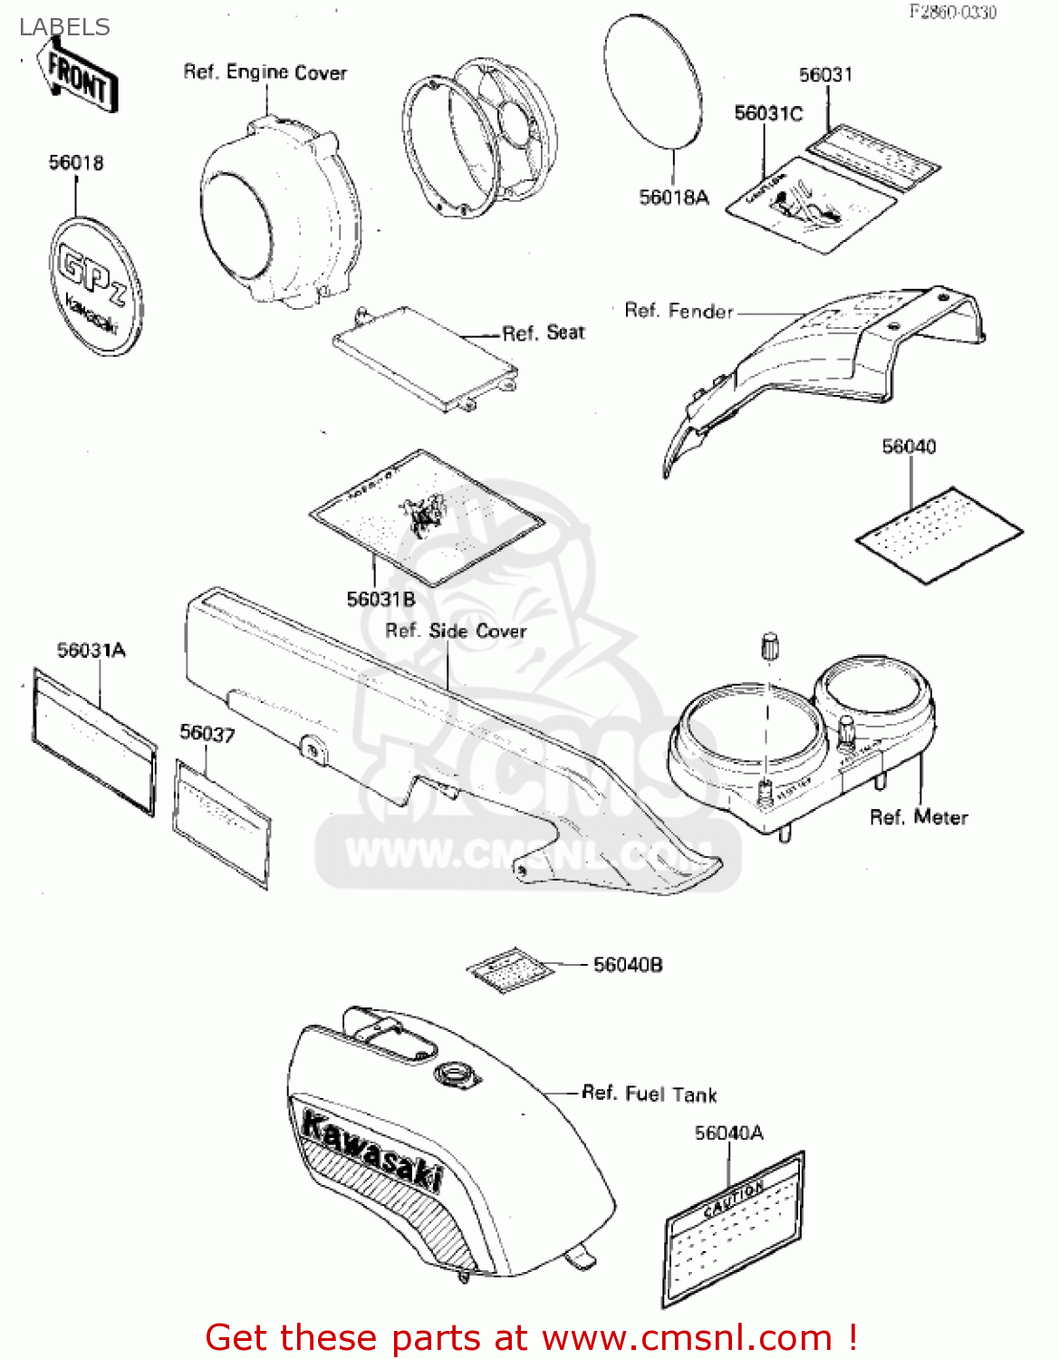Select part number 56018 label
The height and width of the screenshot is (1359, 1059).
(76, 163)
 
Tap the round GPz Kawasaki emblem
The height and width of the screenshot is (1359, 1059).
(95, 285)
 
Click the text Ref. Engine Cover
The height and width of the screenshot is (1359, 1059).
(265, 72)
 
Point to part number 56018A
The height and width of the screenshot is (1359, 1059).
(674, 198)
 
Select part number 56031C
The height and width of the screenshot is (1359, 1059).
(768, 113)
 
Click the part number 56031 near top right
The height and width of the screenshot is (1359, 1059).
(825, 75)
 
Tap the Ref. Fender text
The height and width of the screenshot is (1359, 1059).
(679, 311)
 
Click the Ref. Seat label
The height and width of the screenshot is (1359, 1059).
(544, 333)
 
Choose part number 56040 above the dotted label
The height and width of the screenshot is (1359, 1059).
(909, 447)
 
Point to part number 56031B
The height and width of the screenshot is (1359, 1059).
(380, 599)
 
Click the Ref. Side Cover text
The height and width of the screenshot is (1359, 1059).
(456, 631)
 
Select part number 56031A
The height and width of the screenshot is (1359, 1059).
(91, 651)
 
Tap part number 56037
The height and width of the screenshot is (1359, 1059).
(207, 733)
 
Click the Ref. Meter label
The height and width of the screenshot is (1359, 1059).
(919, 817)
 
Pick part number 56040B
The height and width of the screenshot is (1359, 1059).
(628, 965)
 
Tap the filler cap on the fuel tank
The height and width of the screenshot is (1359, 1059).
(455, 1075)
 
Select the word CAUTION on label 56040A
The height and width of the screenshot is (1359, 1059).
(734, 1199)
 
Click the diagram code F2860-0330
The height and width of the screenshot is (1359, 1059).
(953, 12)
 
